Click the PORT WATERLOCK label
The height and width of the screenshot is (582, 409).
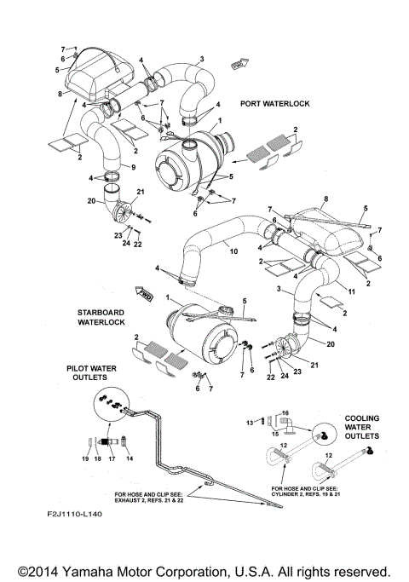point(274,103)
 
